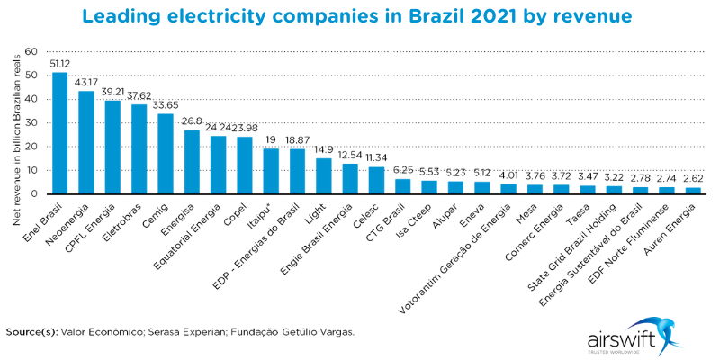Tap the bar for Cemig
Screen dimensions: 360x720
point(166,154)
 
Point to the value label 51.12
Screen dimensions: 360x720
point(60,64)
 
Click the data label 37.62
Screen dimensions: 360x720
point(139,95)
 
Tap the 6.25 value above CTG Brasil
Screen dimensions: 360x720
point(403,170)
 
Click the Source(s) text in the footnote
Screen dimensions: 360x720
point(31,331)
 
